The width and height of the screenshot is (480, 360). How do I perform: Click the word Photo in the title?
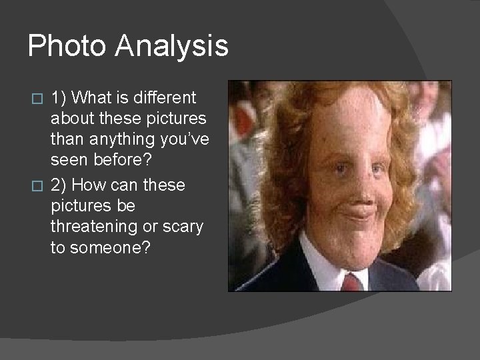[x=66, y=46]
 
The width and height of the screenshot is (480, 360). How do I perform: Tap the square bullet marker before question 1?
[x=38, y=99]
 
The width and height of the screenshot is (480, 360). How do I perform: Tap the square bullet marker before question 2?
[x=38, y=185]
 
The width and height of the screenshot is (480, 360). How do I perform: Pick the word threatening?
[x=94, y=226]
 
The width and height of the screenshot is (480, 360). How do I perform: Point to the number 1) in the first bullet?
[x=59, y=98]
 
